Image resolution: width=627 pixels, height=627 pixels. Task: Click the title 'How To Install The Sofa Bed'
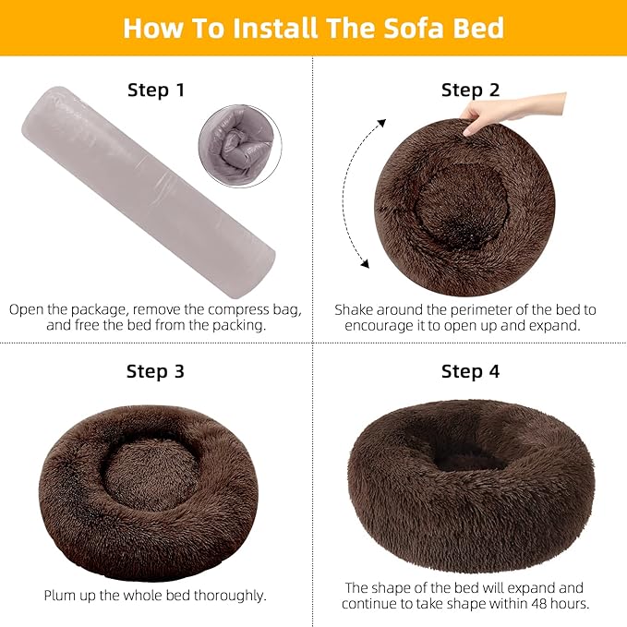click(313, 27)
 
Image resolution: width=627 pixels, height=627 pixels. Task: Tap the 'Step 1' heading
click(155, 90)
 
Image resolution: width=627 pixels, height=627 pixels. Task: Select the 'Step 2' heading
click(470, 90)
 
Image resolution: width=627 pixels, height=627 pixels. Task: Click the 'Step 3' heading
click(155, 371)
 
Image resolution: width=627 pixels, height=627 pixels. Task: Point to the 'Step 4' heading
click(470, 371)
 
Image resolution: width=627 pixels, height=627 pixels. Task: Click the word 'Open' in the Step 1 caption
click(28, 309)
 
